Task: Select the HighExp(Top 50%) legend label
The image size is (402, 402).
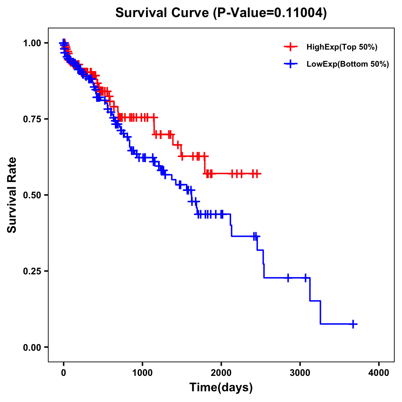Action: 342,47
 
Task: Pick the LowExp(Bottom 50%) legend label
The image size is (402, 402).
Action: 347,64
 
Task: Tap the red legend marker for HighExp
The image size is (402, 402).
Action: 290,47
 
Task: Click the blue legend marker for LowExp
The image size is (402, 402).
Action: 290,64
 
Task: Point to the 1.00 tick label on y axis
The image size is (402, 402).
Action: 31,43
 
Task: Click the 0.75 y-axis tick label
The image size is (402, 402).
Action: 31,119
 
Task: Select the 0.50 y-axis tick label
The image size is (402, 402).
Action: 31,195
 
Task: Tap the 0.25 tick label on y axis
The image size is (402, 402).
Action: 31,271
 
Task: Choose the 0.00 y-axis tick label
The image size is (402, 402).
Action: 31,347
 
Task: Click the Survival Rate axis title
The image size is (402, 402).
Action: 12,195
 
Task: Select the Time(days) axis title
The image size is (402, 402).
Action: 221,388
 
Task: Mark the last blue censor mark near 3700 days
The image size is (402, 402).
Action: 353,324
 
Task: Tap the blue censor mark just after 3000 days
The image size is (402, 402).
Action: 306,278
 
